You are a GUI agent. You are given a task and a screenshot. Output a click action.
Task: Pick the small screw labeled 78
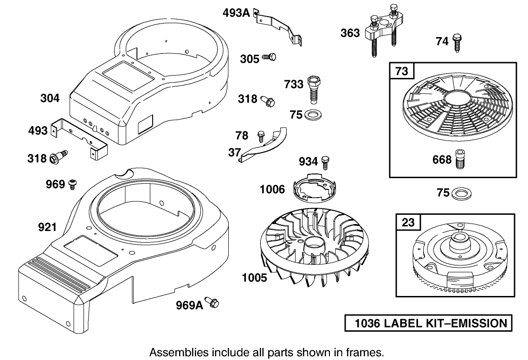point(260,135)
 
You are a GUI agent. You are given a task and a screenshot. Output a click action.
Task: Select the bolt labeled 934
point(326,161)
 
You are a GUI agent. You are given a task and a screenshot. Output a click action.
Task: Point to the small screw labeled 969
point(73,184)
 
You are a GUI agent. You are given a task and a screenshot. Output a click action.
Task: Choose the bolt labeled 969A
point(212,304)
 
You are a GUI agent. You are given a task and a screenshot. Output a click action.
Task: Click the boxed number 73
point(401,71)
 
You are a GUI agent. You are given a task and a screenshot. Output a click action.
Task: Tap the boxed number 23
point(408,222)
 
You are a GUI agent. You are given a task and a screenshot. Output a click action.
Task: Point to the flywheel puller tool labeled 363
point(382,34)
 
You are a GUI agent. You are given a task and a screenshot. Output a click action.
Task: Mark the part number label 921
point(47,227)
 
